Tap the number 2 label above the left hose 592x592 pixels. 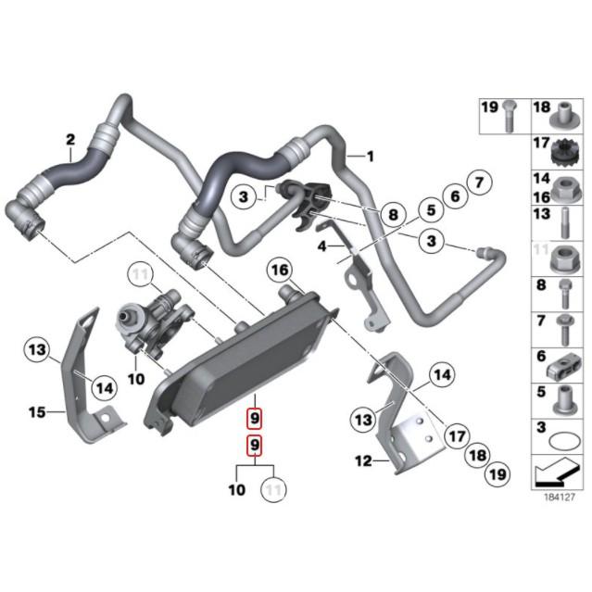(x=69, y=141)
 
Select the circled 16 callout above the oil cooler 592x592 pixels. (x=280, y=270)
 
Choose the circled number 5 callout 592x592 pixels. (x=454, y=195)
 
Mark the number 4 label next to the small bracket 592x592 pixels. (x=321, y=246)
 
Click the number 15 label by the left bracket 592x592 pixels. (x=35, y=411)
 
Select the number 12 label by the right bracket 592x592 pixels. (x=363, y=460)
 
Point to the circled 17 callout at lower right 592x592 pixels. (x=455, y=435)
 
